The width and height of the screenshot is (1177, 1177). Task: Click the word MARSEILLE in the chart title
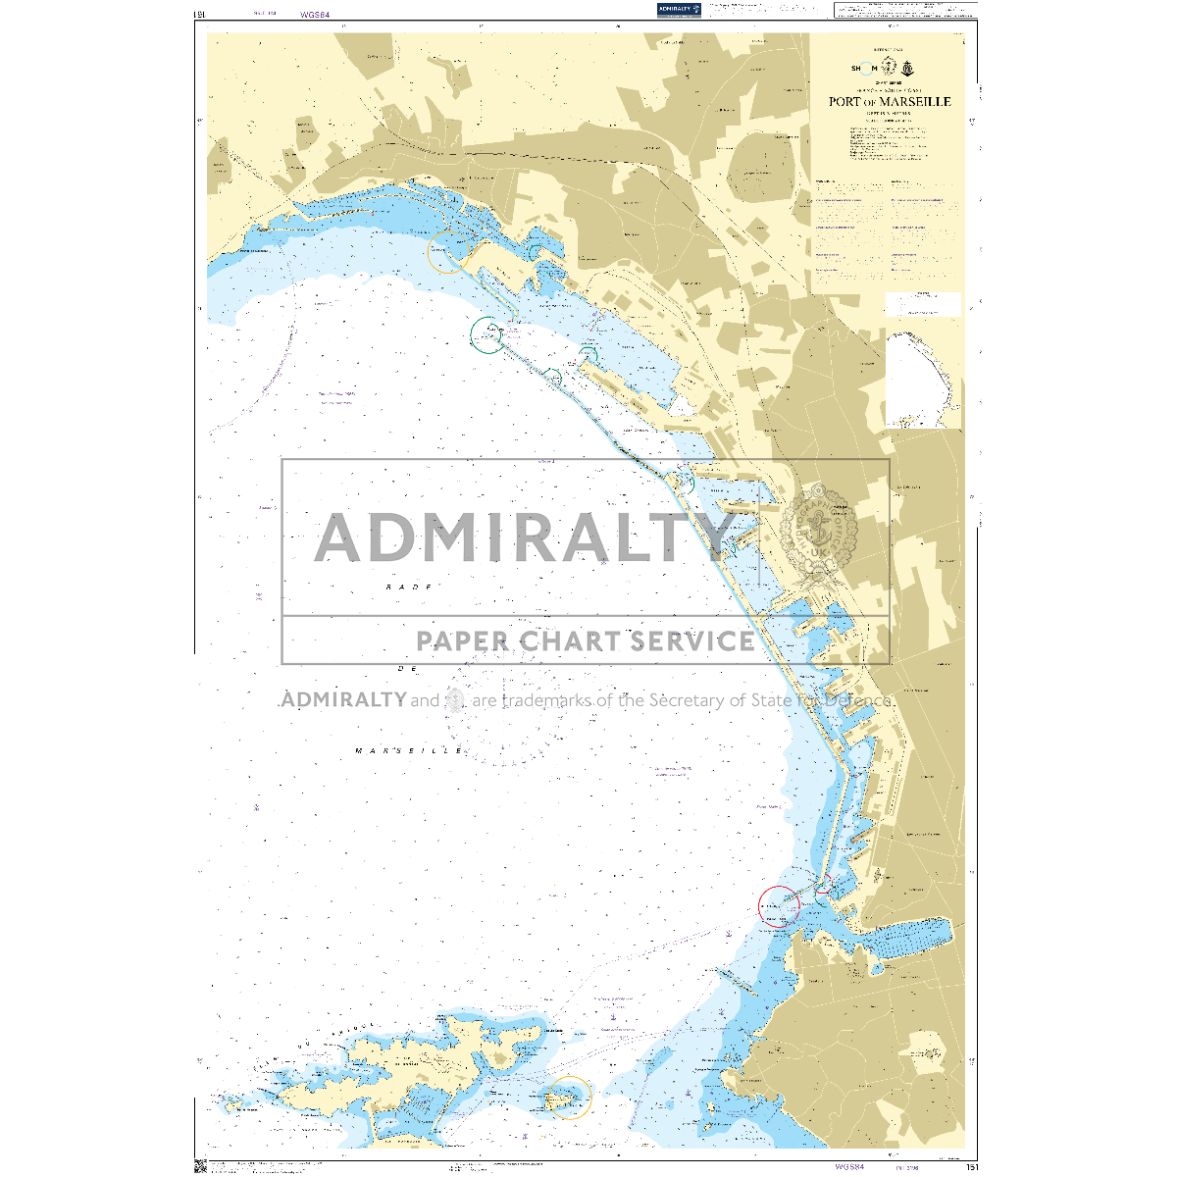916,102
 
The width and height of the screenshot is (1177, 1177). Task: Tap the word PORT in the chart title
845,102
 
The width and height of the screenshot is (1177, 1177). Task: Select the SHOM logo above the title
863,68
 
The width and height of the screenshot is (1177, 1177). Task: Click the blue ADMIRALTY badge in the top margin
679,10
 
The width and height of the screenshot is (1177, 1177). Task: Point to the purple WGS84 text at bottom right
849,1167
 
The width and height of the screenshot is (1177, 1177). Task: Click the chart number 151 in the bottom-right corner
971,1167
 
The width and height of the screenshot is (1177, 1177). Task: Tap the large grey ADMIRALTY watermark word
525,537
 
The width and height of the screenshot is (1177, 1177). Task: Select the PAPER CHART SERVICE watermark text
586,641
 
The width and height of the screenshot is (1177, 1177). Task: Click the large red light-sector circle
780,905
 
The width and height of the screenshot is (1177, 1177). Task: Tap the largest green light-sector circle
486,334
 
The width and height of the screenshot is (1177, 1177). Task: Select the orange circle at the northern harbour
447,253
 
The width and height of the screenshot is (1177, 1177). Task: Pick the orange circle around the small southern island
570,1098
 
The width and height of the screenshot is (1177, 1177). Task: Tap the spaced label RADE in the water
409,586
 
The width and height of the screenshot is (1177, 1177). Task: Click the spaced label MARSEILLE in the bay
409,750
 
